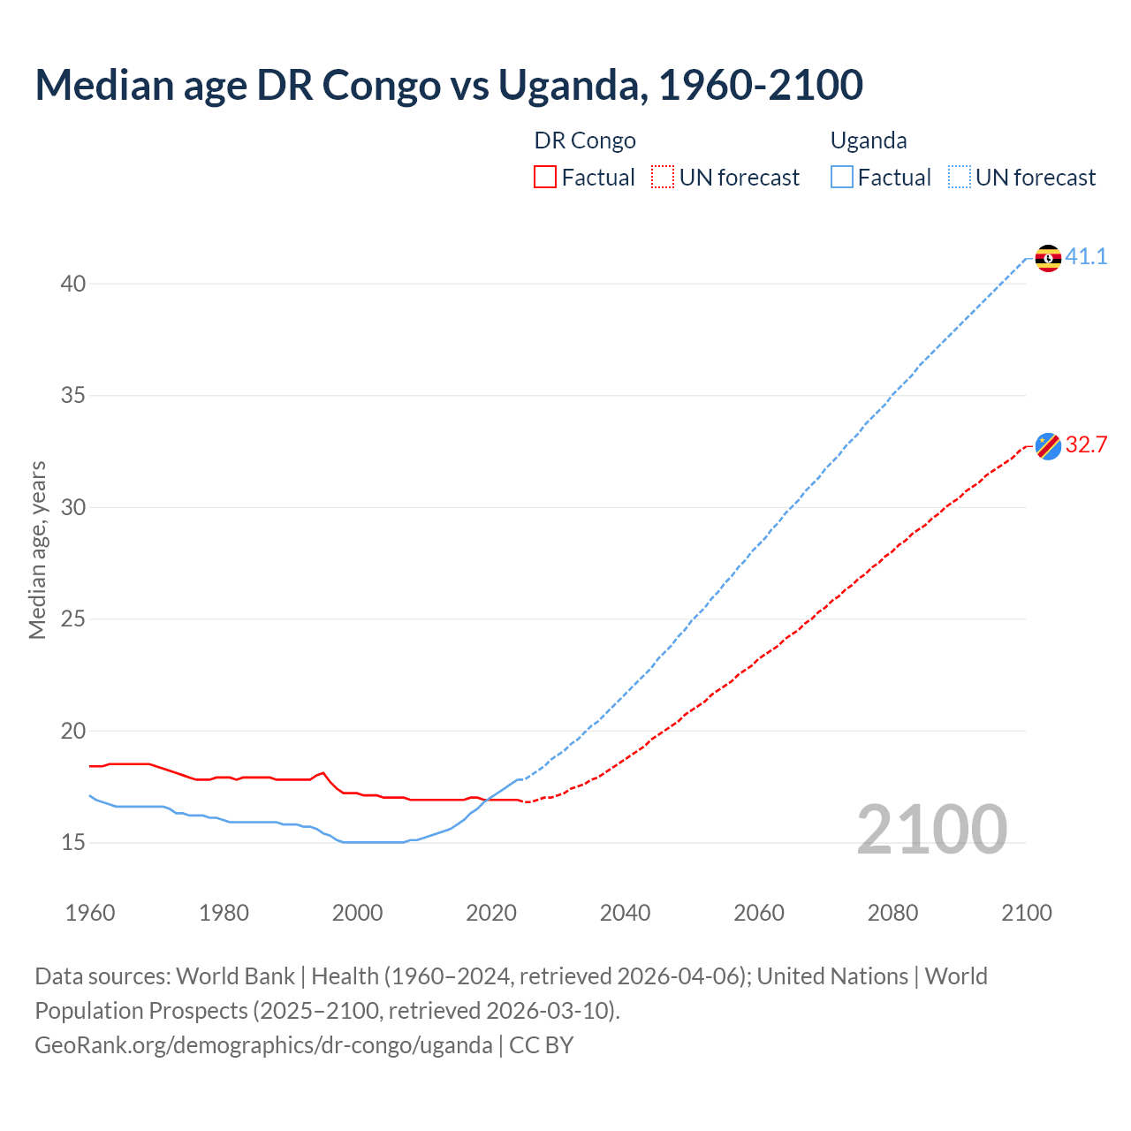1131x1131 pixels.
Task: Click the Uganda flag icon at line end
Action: pos(1048,258)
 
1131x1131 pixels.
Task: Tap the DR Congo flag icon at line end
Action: pos(1048,446)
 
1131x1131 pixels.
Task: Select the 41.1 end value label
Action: pos(1086,257)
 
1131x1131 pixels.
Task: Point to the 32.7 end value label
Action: pos(1086,444)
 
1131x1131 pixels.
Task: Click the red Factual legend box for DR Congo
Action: pos(545,178)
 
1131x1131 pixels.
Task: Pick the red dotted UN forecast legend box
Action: pos(663,178)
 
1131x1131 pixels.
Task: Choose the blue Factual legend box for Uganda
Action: pos(841,178)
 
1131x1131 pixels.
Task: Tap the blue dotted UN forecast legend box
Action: pos(959,178)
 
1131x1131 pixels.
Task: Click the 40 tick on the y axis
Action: pos(73,284)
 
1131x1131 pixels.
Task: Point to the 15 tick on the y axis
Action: pos(73,843)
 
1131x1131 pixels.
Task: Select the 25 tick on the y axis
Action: pos(73,619)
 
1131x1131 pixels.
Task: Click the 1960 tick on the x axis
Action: pos(90,913)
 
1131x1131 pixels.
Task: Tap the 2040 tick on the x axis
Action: pos(625,913)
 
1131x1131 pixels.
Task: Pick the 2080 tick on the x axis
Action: pos(892,913)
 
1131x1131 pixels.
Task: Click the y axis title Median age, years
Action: pos(38,550)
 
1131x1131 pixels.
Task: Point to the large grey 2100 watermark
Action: pos(931,830)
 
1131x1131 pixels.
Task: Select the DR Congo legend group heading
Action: pos(585,140)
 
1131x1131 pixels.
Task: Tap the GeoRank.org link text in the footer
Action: pos(263,1045)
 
